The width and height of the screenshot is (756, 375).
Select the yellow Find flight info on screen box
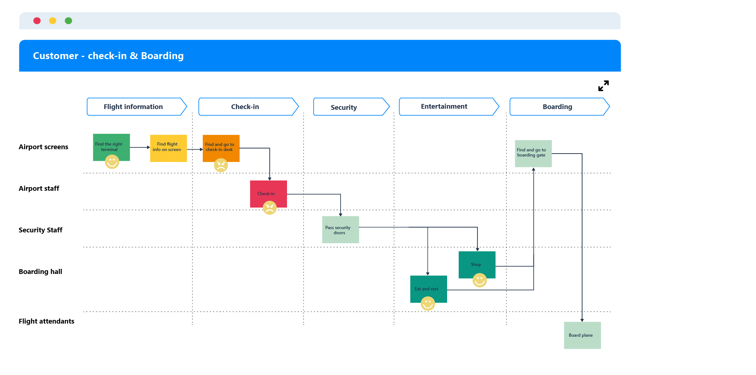(168, 148)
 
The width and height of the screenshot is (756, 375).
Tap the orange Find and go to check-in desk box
(221, 147)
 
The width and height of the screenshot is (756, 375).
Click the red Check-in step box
(268, 192)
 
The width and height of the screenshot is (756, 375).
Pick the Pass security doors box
(340, 229)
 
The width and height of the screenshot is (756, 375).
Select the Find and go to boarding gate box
(533, 154)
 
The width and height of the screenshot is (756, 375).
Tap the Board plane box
(582, 335)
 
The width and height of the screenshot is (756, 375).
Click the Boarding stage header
(559, 107)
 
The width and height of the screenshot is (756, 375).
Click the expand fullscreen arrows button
(603, 86)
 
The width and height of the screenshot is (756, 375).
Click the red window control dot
(37, 21)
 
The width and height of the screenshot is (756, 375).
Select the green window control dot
(68, 21)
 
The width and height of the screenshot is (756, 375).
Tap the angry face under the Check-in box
(270, 208)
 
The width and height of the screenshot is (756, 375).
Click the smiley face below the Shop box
(480, 280)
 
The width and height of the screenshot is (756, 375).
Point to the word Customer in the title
(55, 56)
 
